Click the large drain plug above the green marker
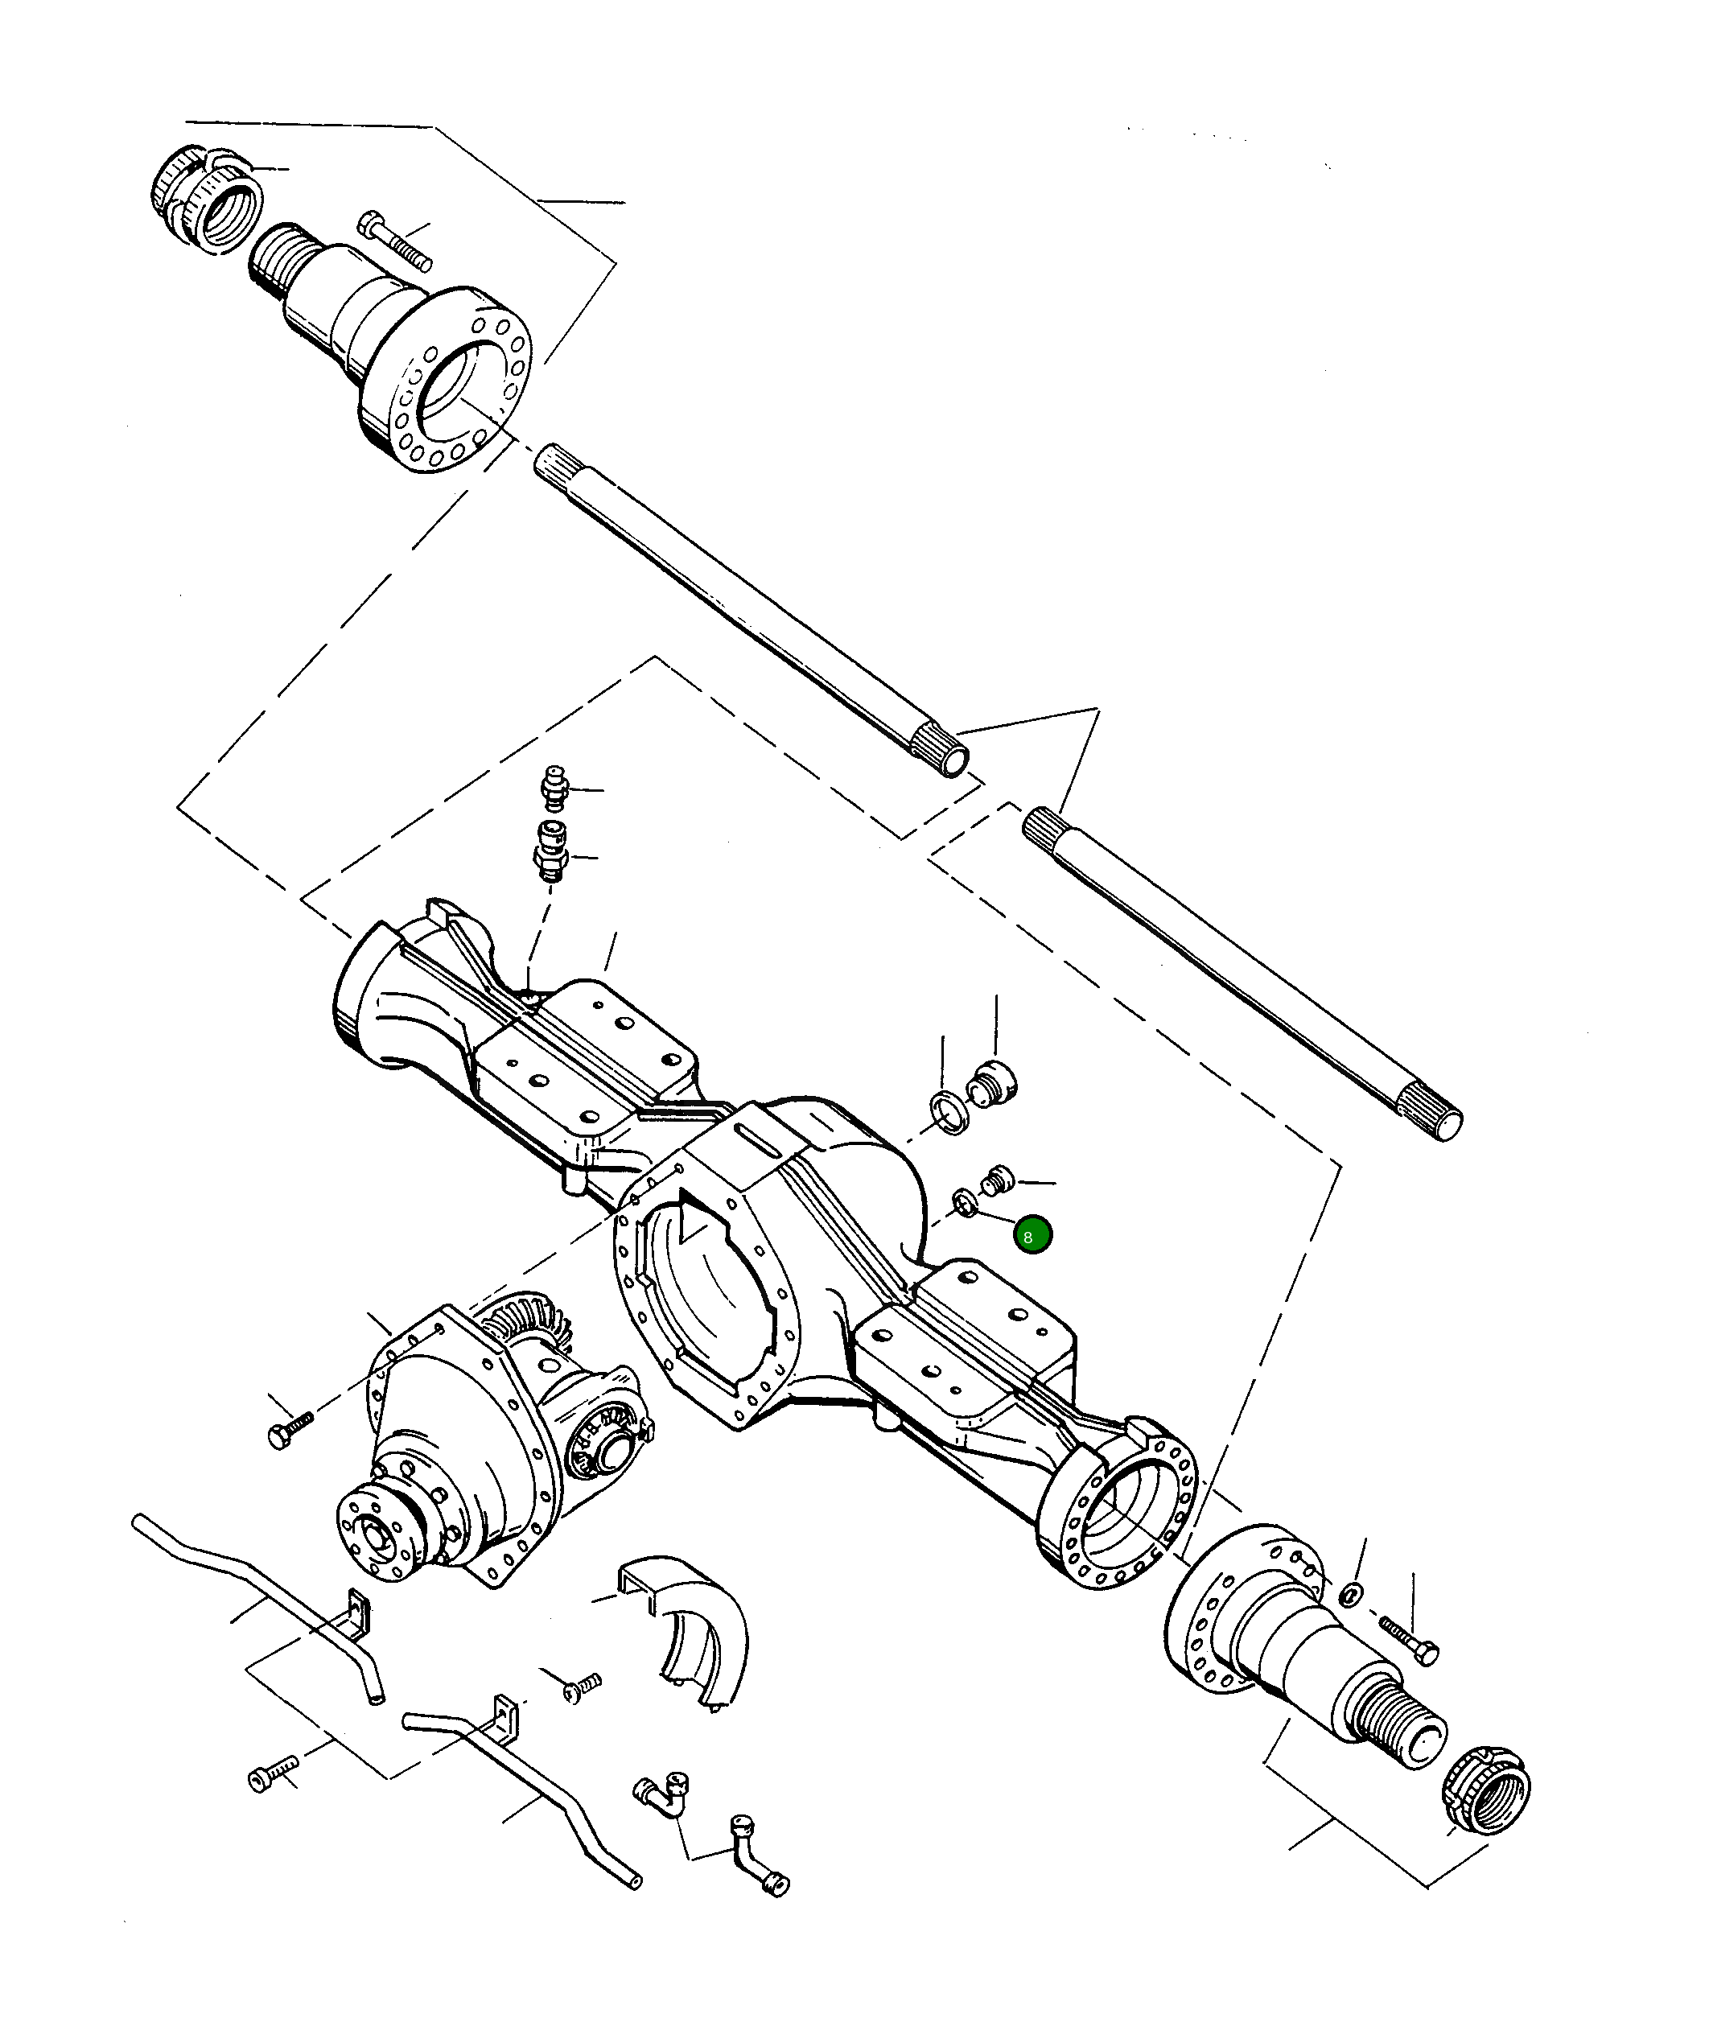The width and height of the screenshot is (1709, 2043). point(993,1085)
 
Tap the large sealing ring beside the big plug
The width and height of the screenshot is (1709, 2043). point(949,1113)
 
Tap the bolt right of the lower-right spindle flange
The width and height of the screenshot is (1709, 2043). point(1408,1640)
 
